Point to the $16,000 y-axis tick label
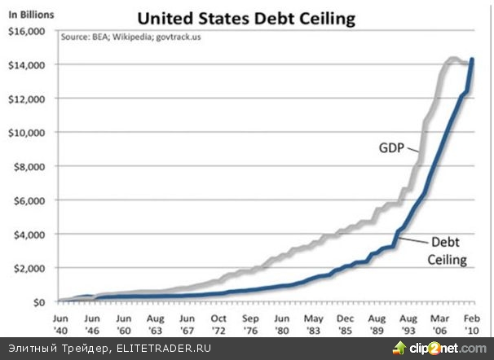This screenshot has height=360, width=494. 27,31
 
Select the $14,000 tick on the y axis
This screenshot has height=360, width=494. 27,64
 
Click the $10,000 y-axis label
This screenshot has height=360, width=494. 27,133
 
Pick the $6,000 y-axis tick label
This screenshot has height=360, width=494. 29,200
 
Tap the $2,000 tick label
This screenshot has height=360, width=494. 29,268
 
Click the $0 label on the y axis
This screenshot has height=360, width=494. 38,302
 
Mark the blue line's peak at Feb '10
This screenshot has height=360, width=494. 473,59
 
